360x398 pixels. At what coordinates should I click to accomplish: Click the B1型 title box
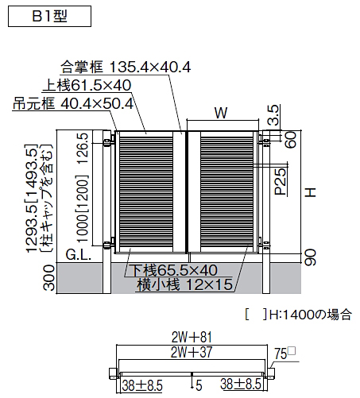tap(49, 17)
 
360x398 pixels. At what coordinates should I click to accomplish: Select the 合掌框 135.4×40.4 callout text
tap(126, 67)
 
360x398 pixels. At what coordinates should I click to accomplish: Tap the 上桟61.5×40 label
tap(87, 85)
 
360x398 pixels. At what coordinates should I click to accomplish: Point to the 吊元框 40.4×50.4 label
tap(73, 103)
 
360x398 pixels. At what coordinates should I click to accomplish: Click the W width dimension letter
tap(221, 113)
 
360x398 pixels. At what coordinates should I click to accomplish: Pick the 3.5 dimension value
tap(273, 115)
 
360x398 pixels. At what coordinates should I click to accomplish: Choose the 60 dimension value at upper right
tap(291, 140)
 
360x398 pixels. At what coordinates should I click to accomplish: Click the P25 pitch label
tap(281, 181)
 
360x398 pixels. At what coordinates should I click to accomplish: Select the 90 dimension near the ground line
tap(310, 257)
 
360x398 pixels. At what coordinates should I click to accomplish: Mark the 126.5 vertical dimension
tap(83, 149)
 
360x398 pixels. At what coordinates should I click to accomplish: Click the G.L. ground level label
tap(79, 255)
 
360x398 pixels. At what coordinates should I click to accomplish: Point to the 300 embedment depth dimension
tap(49, 278)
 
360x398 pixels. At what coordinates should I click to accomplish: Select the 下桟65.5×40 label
tap(175, 270)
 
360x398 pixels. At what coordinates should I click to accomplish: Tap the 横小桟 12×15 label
tap(185, 284)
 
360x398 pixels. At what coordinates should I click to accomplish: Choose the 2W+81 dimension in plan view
tap(192, 338)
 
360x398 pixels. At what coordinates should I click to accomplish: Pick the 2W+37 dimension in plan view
tap(192, 352)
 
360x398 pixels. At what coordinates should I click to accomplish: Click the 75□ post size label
tap(285, 354)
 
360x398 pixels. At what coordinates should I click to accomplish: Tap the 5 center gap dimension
tap(199, 385)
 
